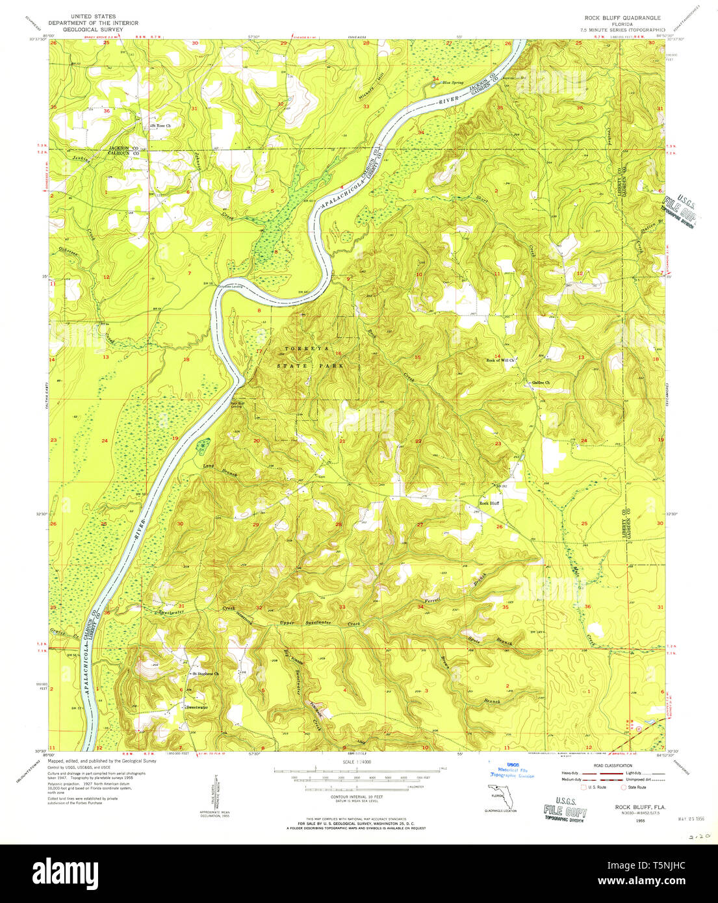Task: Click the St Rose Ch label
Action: pyautogui.click(x=161, y=125)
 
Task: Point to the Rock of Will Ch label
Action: pyautogui.click(x=500, y=360)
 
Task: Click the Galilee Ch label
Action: pyautogui.click(x=541, y=383)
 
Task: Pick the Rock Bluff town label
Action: pyautogui.click(x=489, y=503)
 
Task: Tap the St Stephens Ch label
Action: pyautogui.click(x=207, y=674)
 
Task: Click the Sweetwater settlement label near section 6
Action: pyautogui.click(x=196, y=707)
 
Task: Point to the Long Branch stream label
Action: pyautogui.click(x=220, y=470)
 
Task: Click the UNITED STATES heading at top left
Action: pyautogui.click(x=94, y=16)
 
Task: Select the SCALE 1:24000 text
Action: pyautogui.click(x=357, y=761)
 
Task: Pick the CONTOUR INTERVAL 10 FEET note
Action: pyautogui.click(x=357, y=796)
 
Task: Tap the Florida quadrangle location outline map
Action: pyautogui.click(x=500, y=795)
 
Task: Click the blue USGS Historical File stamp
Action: pyautogui.click(x=512, y=770)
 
